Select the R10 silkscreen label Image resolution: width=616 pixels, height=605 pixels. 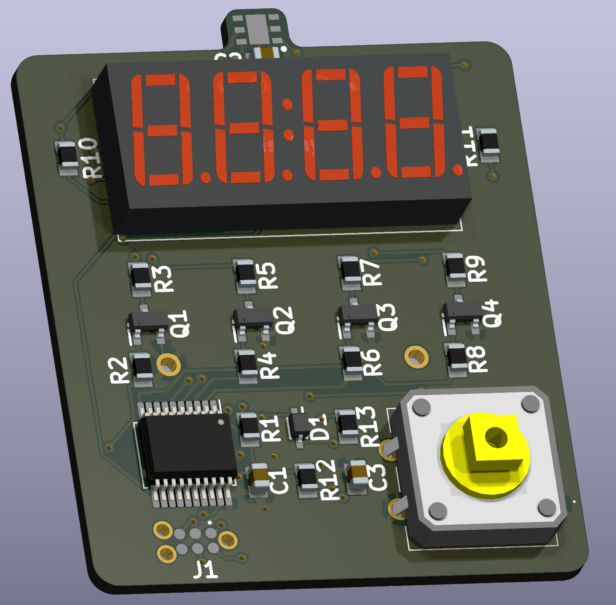click(90, 157)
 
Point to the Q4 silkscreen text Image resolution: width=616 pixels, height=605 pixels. click(492, 314)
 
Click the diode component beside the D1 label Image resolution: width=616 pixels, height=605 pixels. click(298, 426)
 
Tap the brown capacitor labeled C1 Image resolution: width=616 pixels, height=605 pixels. click(258, 478)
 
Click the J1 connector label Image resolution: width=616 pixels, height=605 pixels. click(206, 569)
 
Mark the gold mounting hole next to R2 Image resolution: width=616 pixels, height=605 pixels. click(169, 364)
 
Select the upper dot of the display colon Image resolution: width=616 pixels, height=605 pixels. click(287, 105)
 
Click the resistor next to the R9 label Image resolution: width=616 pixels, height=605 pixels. click(455, 267)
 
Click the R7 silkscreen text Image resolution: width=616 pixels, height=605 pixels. click(371, 272)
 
